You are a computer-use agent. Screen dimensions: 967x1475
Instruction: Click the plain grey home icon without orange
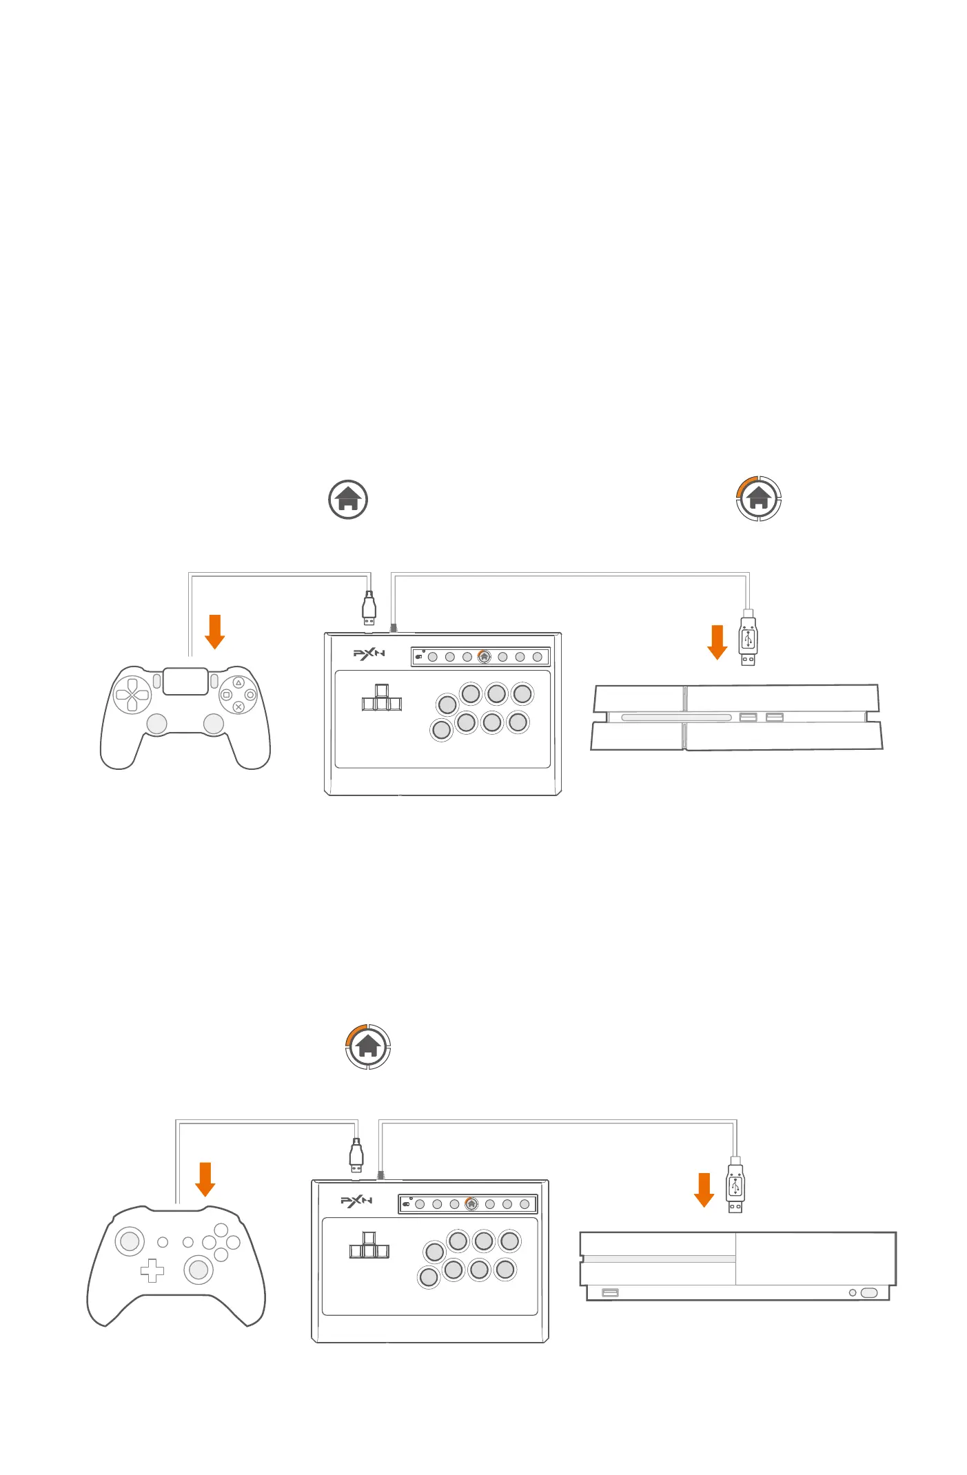click(348, 500)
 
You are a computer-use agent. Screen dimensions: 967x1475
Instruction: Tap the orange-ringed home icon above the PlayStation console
click(758, 498)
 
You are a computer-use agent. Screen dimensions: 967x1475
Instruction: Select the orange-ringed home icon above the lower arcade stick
click(368, 1046)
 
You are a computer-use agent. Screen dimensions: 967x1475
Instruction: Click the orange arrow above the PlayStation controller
click(215, 631)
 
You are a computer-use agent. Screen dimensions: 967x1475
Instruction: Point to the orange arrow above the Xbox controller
click(205, 1179)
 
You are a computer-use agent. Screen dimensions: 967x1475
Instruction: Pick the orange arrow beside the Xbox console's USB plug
click(704, 1190)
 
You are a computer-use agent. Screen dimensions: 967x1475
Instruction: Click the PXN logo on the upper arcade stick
click(369, 653)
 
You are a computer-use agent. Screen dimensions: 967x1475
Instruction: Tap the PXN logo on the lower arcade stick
click(356, 1201)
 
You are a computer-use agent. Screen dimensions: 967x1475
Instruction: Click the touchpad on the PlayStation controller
click(185, 681)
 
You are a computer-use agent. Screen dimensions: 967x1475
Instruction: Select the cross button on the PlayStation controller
click(238, 706)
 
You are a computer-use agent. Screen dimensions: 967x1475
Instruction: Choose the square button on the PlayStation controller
click(226, 695)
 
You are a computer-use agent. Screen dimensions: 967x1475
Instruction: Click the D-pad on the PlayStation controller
click(132, 695)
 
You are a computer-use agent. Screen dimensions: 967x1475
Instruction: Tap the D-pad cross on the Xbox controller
click(152, 1270)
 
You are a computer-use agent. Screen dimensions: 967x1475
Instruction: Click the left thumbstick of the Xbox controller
click(130, 1241)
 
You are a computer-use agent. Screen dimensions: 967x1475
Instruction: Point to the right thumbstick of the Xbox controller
click(199, 1269)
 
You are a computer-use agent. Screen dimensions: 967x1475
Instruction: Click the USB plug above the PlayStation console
click(748, 639)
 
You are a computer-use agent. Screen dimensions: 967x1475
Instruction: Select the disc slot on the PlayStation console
click(675, 718)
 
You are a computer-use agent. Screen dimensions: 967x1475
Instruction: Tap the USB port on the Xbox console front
click(610, 1292)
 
